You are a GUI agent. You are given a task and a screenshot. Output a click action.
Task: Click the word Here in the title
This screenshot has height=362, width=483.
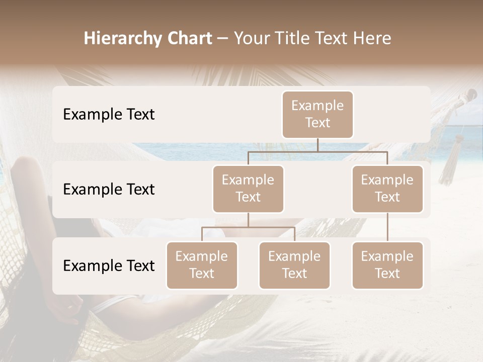click(372, 38)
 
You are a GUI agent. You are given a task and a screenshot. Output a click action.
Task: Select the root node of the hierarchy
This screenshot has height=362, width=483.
click(317, 114)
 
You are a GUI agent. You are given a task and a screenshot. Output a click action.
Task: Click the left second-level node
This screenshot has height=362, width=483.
click(248, 189)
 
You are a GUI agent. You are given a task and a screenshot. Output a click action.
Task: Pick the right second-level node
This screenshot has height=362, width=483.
click(387, 189)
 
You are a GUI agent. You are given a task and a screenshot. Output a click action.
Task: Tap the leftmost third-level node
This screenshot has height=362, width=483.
click(202, 265)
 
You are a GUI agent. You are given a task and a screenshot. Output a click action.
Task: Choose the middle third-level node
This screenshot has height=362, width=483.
click(294, 265)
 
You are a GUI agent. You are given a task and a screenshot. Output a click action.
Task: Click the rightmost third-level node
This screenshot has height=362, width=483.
click(387, 265)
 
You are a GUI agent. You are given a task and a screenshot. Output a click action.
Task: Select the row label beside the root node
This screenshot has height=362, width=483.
click(109, 114)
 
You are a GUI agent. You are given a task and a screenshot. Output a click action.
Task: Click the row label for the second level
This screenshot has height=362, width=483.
click(109, 189)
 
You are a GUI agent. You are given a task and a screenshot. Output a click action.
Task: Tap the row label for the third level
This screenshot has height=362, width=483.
click(109, 265)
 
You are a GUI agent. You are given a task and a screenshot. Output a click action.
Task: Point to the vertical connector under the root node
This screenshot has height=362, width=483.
click(317, 145)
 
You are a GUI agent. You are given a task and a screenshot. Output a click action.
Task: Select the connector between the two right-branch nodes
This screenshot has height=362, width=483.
click(387, 227)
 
